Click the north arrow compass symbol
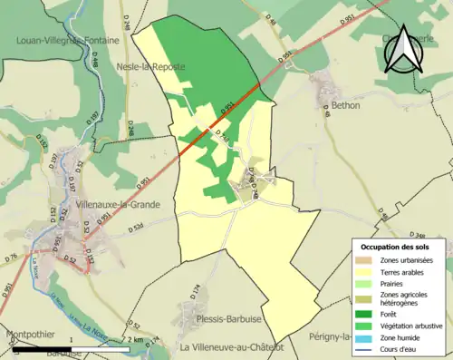[x=404, y=48]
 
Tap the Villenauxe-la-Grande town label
[x=119, y=204]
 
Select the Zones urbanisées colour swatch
[x=365, y=260]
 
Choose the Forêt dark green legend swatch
[x=365, y=315]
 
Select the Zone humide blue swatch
[x=365, y=336]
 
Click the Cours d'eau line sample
[x=365, y=347]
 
